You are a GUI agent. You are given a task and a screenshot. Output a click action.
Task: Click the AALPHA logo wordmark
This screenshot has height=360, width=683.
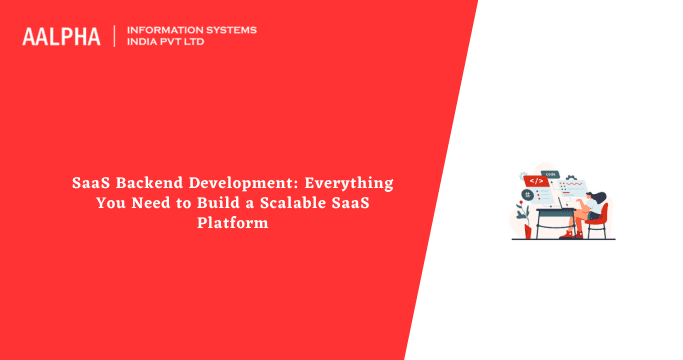(x=61, y=37)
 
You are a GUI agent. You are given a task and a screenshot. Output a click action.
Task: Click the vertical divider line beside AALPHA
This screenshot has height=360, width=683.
(x=115, y=37)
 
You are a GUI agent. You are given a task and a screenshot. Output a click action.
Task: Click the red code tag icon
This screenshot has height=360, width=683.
(x=536, y=181)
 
